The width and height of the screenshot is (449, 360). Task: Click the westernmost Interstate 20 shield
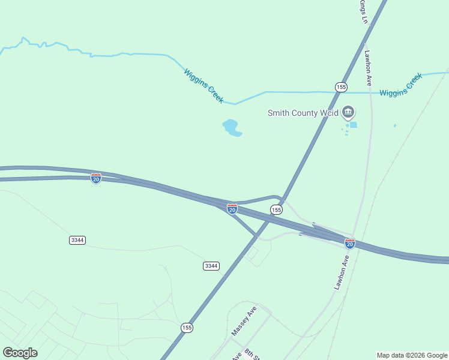pyautogui.click(x=96, y=178)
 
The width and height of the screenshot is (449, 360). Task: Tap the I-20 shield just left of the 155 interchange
pyautogui.click(x=232, y=209)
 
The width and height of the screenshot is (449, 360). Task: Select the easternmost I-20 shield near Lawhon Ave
pyautogui.click(x=349, y=243)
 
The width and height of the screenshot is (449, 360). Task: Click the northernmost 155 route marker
pyautogui.click(x=341, y=87)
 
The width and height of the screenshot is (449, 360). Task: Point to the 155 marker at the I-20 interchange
pyautogui.click(x=276, y=209)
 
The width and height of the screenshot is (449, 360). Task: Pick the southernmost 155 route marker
pyautogui.click(x=187, y=328)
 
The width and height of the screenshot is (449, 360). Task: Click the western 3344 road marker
pyautogui.click(x=77, y=240)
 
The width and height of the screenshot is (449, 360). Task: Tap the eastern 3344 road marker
pyautogui.click(x=211, y=266)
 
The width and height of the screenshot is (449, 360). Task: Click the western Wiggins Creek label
pyautogui.click(x=204, y=86)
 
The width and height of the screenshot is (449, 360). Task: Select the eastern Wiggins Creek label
pyautogui.click(x=401, y=85)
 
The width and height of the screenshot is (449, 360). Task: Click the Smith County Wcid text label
pyautogui.click(x=303, y=112)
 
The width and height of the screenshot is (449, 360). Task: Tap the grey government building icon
pyautogui.click(x=348, y=112)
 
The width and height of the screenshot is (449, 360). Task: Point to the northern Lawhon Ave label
pyautogui.click(x=368, y=67)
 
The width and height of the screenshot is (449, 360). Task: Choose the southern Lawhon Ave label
pyautogui.click(x=342, y=272)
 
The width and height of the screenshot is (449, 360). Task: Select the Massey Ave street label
pyautogui.click(x=244, y=320)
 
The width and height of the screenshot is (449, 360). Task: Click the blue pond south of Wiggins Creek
pyautogui.click(x=231, y=127)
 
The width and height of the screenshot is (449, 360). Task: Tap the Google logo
pyautogui.click(x=20, y=353)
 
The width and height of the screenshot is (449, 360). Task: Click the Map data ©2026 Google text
pyautogui.click(x=412, y=355)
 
